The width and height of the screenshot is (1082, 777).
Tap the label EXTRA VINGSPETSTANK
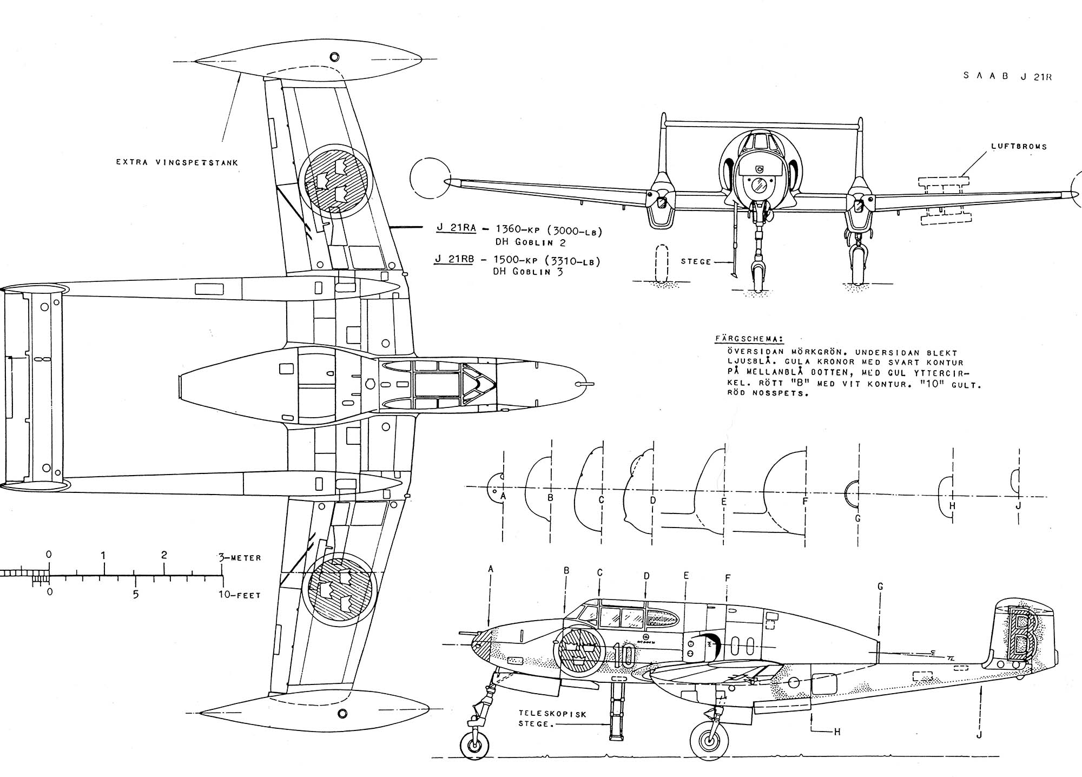(x=177, y=162)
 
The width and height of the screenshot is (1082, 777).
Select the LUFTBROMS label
(x=1019, y=147)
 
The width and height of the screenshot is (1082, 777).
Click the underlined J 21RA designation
(x=456, y=228)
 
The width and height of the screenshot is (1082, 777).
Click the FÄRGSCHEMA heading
(x=748, y=339)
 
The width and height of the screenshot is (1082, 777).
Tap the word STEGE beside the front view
(x=696, y=261)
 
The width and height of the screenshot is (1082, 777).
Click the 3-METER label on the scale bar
(x=240, y=558)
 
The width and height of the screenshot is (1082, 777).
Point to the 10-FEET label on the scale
(x=240, y=595)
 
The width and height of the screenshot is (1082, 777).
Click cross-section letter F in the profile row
(x=805, y=502)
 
